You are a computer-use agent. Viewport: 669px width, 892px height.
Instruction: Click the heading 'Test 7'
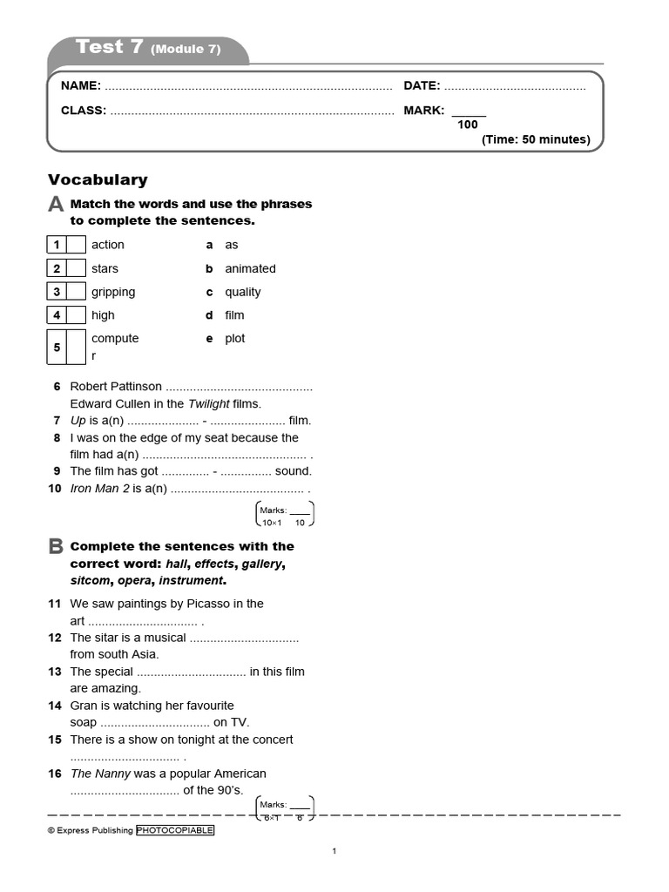point(110,48)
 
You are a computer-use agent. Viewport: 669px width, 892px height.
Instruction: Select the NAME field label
point(80,86)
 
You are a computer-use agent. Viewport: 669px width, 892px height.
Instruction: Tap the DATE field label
point(422,86)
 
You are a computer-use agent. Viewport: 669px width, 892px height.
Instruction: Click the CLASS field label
point(83,111)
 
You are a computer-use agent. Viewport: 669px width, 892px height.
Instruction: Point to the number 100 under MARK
point(468,125)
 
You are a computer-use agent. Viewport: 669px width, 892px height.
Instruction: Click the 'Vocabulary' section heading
point(98,179)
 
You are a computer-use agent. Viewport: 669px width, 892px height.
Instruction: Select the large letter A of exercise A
point(56,205)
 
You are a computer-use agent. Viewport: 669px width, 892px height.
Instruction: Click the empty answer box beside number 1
point(77,245)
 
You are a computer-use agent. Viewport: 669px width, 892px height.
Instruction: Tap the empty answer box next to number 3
point(77,292)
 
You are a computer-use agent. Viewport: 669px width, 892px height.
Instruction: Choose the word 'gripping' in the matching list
point(113,292)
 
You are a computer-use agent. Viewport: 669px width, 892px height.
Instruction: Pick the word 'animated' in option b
point(250,268)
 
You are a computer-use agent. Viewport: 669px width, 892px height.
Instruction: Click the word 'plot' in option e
point(235,338)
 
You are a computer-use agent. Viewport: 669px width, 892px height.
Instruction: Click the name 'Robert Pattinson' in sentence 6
point(116,386)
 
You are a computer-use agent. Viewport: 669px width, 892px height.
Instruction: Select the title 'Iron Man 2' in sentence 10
point(99,489)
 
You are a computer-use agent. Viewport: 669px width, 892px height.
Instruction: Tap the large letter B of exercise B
point(56,547)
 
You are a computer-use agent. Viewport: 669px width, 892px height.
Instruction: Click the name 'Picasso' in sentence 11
point(213,603)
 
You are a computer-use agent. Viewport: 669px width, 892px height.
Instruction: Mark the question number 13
point(55,672)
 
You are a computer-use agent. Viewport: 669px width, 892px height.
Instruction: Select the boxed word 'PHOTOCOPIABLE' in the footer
point(175,830)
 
